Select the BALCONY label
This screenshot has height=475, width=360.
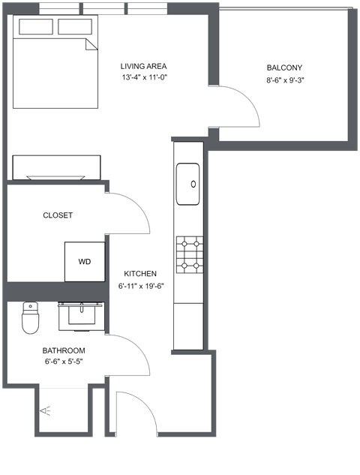pos(284,68)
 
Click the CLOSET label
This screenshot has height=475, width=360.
pos(58,215)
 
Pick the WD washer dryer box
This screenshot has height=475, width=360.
pos(84,262)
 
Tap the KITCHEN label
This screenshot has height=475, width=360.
pos(140,274)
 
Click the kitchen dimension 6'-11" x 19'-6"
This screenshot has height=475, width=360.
pos(140,285)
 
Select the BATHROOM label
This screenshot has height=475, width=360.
pos(63,350)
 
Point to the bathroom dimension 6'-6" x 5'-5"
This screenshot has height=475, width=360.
pos(63,362)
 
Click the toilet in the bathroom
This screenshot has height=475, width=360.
pos(30,318)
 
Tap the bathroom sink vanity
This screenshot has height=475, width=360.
pos(81,314)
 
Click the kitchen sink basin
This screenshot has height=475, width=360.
pos(187,184)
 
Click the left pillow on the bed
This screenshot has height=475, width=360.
pos(37,27)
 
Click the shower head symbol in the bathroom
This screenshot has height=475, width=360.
pos(46,410)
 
